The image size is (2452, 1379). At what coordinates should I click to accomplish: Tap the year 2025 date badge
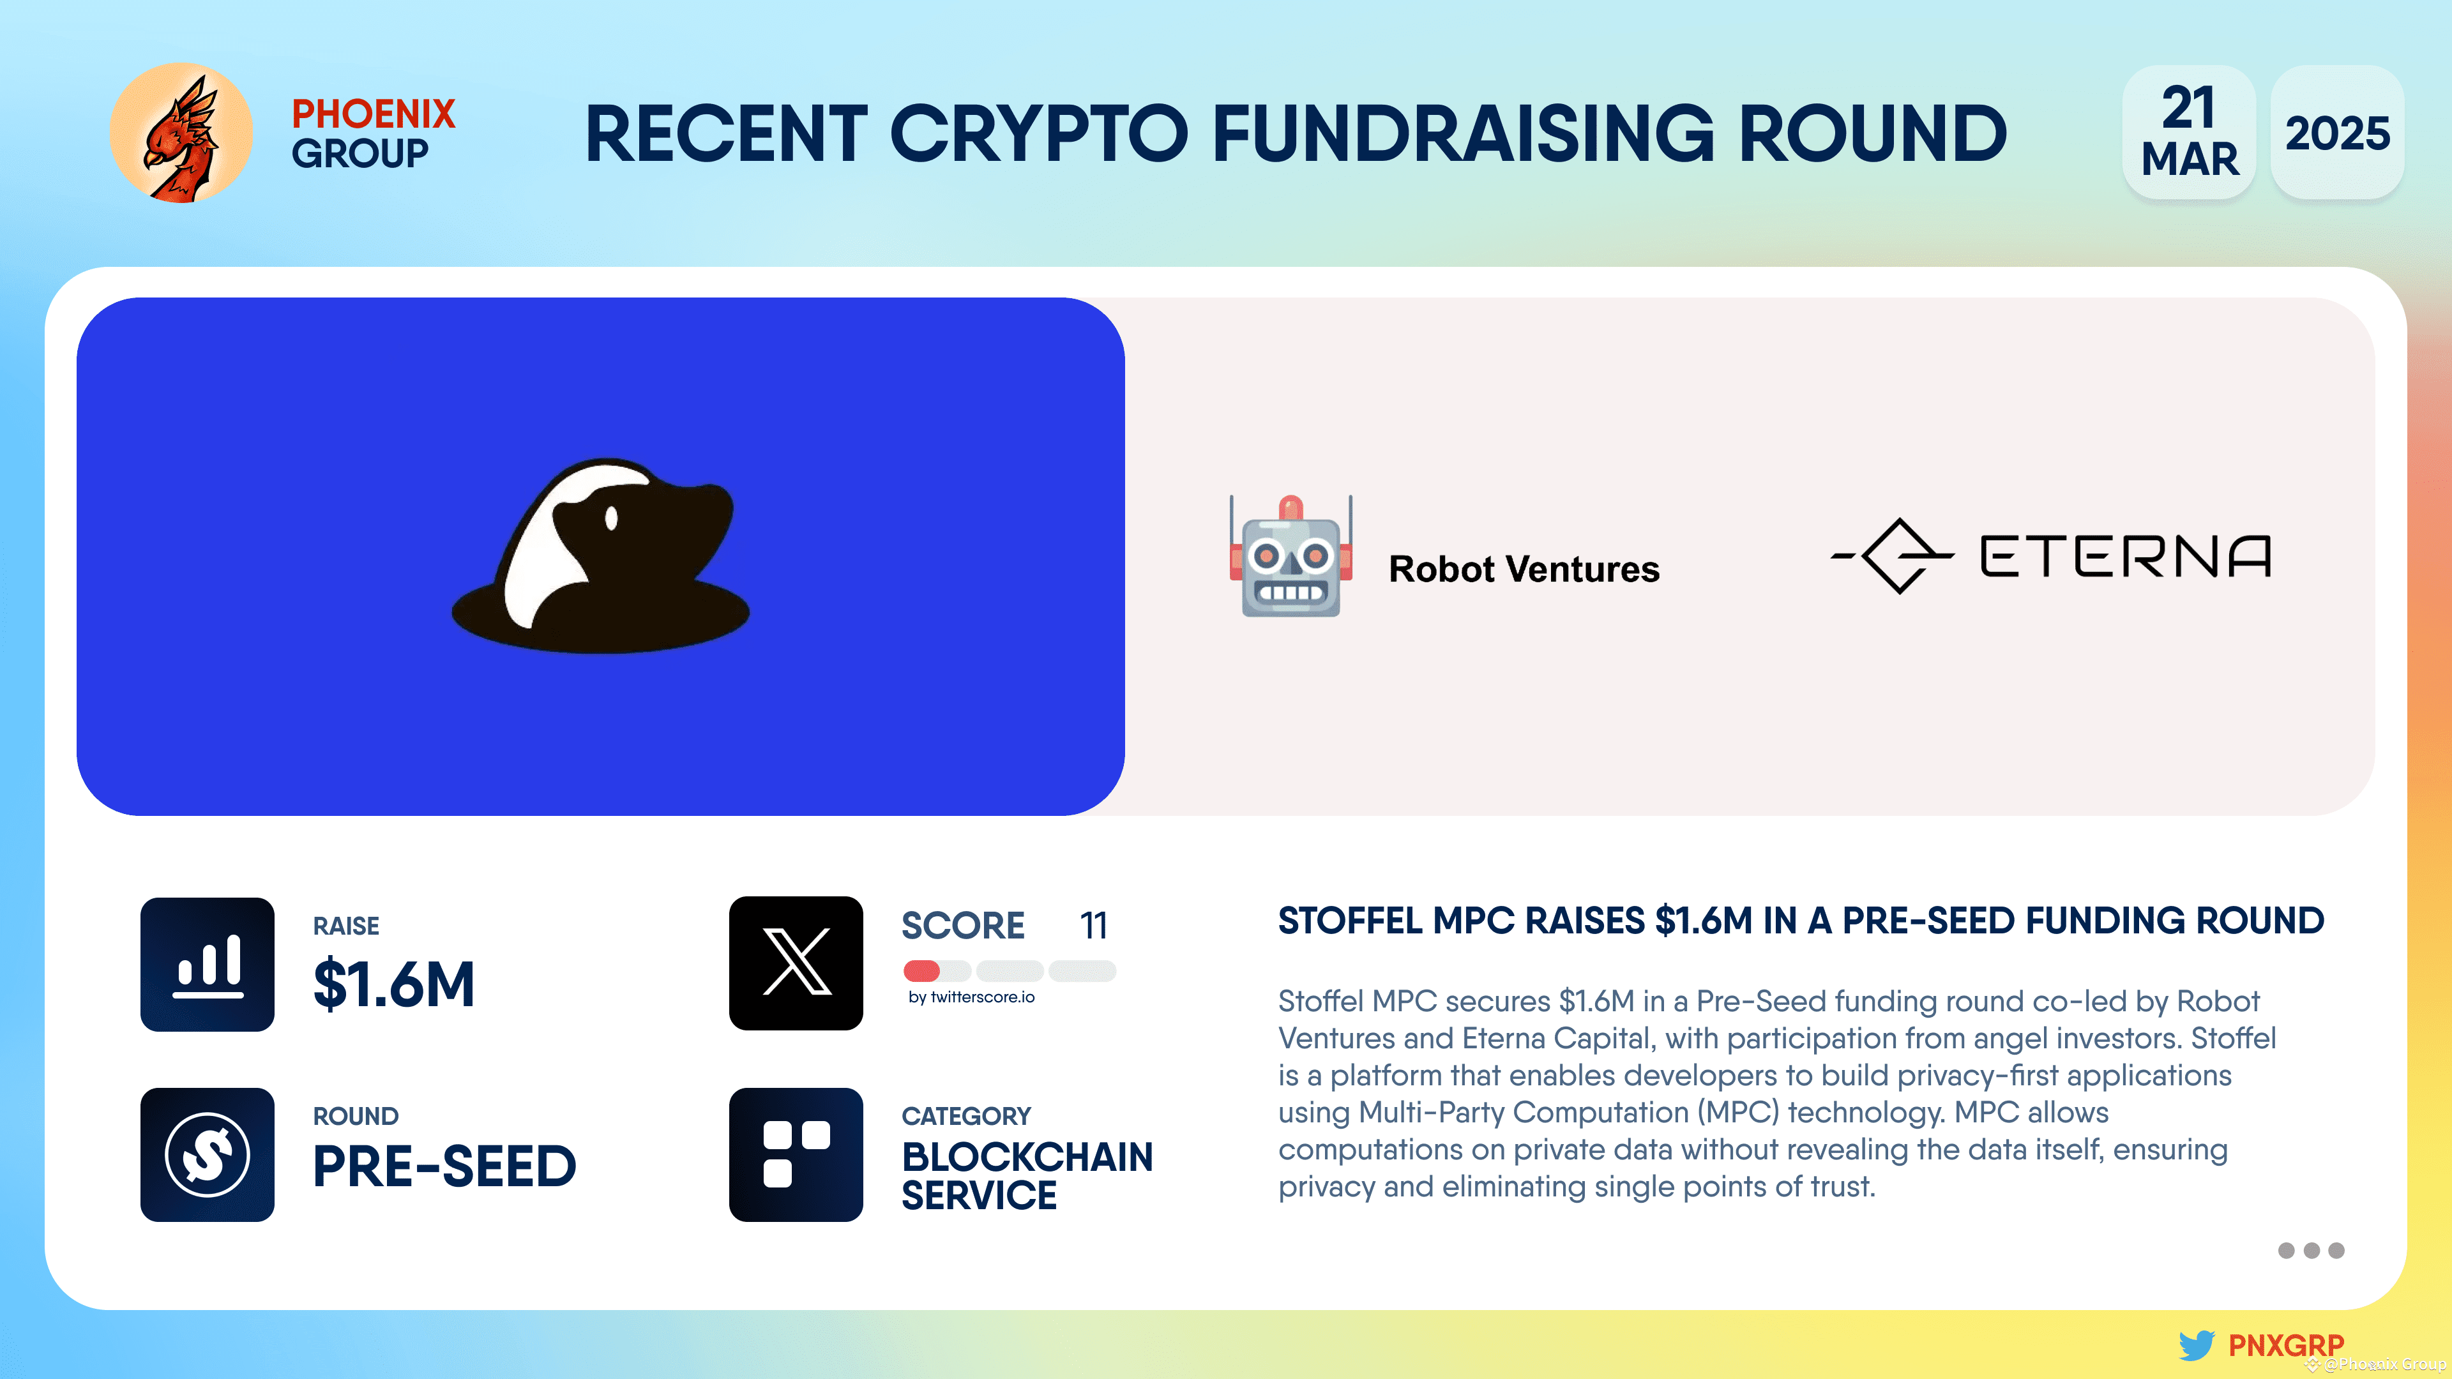2337,132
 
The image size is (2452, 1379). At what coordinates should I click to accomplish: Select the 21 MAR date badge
2190,132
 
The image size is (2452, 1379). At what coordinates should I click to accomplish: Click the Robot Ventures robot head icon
1290,557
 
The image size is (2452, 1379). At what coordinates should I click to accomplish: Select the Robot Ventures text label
1524,569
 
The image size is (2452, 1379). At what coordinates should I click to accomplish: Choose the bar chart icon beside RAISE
208,964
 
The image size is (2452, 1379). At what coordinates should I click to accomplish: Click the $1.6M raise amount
394,984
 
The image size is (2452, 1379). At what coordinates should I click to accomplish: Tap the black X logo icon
796,963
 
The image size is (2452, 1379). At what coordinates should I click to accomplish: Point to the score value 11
1094,925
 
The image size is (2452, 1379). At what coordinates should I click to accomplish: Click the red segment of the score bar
921,970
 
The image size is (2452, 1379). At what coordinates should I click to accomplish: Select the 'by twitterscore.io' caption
971,997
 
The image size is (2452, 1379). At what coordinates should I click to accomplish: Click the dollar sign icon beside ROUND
208,1154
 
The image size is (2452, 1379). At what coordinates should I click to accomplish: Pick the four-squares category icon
796,1154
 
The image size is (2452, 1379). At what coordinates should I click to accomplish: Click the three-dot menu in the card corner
2311,1251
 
